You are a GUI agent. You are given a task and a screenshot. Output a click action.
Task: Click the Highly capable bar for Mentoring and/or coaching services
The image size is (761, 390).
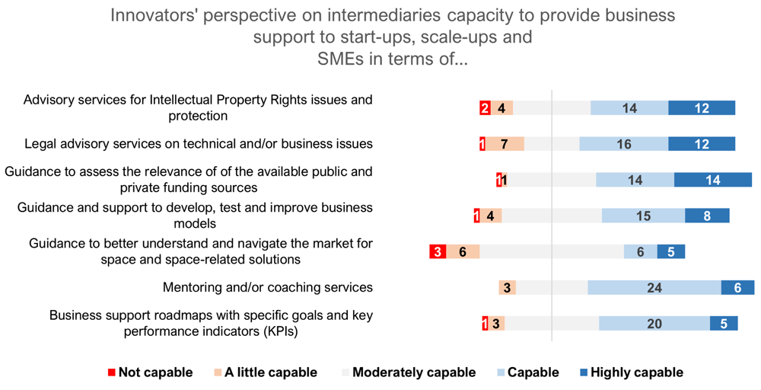[737, 287]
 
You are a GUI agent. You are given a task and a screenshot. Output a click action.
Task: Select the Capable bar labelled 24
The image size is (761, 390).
[654, 287]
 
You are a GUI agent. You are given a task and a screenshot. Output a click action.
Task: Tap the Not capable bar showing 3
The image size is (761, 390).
[438, 251]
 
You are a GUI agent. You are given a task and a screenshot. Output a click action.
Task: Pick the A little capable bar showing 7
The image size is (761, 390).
[505, 144]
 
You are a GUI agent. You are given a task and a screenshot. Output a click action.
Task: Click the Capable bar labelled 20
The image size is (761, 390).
[654, 324]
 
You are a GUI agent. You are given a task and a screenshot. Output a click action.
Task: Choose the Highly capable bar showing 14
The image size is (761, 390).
[713, 180]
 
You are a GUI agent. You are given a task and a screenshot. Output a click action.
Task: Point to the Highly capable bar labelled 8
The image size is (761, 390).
[707, 216]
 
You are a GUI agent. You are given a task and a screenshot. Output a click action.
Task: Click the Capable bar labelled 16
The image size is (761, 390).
[624, 144]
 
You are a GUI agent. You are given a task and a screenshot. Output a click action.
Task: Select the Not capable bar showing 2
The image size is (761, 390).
[485, 108]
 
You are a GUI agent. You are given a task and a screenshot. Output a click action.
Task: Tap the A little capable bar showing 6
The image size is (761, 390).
[463, 251]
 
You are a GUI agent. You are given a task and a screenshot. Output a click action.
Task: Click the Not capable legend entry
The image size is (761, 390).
[151, 372]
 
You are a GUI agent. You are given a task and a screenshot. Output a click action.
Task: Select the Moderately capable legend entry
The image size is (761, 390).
[409, 372]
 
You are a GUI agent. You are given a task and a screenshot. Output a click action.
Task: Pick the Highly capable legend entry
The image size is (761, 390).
[632, 372]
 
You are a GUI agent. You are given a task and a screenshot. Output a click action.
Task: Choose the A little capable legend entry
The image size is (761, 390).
[265, 372]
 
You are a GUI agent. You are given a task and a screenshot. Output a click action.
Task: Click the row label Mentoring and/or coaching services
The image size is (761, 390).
[268, 287]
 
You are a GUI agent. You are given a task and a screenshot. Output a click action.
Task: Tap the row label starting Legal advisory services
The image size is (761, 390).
[199, 144]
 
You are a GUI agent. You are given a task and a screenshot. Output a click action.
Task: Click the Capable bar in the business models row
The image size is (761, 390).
[644, 216]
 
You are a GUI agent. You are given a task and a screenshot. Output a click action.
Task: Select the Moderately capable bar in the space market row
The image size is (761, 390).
[552, 251]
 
